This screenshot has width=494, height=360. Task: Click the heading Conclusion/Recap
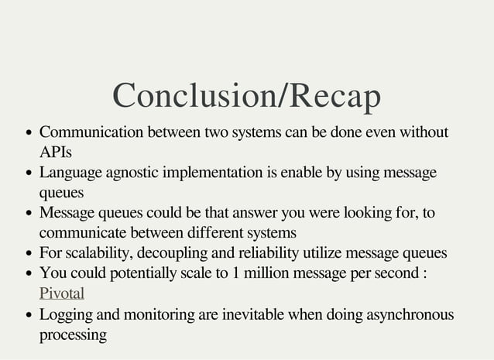[247, 95]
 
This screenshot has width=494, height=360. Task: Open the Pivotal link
[61, 293]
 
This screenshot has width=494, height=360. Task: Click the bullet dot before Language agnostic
[29, 172]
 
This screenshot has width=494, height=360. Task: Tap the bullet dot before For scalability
[29, 252]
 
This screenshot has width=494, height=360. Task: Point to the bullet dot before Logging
[29, 314]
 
